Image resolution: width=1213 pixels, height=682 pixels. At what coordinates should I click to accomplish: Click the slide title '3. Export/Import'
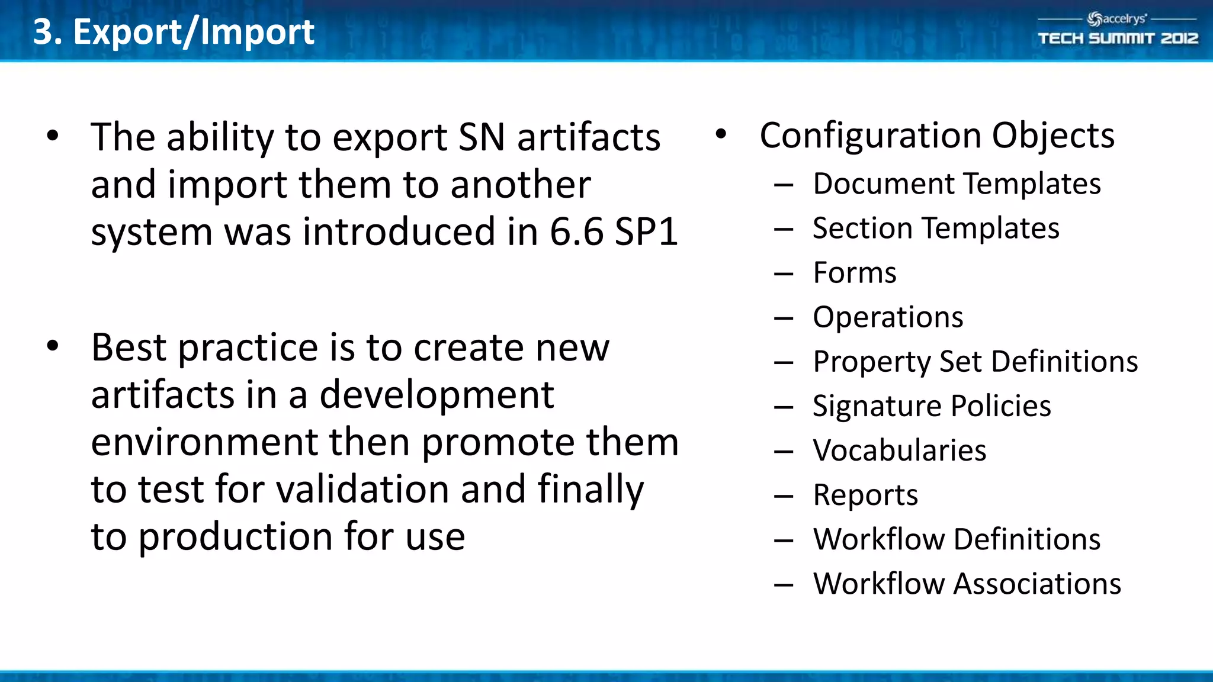[174, 31]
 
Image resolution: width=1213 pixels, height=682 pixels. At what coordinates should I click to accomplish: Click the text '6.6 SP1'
[614, 231]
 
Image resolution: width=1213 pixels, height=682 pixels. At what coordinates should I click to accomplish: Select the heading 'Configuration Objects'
[937, 136]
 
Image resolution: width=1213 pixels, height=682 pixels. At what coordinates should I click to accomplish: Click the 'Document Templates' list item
[957, 184]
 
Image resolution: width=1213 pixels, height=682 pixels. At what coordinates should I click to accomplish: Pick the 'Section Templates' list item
[936, 228]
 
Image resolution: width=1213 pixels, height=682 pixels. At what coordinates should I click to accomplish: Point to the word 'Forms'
[855, 273]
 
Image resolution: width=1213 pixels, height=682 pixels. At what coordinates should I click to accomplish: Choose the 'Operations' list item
[888, 317]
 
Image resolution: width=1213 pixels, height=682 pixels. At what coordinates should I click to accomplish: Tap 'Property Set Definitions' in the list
[975, 362]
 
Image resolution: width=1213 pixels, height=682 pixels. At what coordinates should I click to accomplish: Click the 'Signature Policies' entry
[932, 406]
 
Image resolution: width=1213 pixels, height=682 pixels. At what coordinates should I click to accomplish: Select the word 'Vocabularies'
[900, 451]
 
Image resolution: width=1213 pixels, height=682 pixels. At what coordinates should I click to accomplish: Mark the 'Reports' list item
[865, 495]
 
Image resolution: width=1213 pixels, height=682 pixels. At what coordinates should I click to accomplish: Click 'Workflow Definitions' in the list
[957, 539]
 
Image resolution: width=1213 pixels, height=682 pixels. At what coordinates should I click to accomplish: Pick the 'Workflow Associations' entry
[967, 584]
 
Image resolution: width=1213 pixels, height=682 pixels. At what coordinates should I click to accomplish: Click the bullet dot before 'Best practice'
[53, 346]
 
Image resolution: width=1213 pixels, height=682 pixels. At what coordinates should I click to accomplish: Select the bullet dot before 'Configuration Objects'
[721, 134]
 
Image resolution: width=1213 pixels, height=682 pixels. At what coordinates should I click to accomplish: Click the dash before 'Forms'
[783, 274]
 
